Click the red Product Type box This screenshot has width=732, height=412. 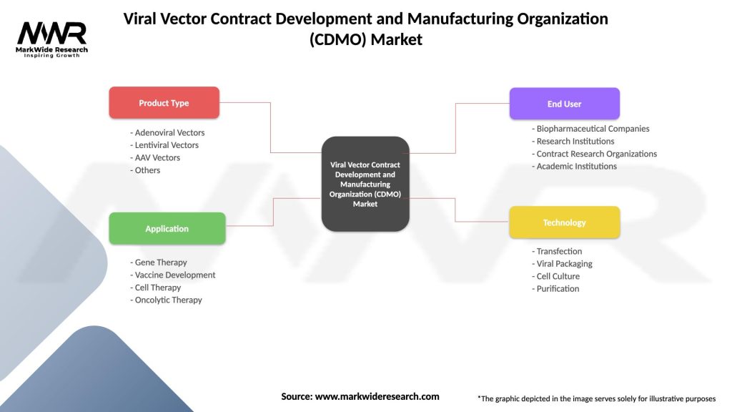[x=164, y=103]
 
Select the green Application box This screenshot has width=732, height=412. [x=167, y=229]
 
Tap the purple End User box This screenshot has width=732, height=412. [x=564, y=104]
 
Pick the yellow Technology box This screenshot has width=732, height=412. [x=564, y=222]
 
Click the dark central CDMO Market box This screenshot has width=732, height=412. [x=365, y=184]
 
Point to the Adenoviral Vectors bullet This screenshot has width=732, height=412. [x=168, y=132]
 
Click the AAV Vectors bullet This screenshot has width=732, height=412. [x=156, y=157]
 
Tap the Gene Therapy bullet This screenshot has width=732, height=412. [x=161, y=263]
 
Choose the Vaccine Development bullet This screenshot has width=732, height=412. [x=173, y=275]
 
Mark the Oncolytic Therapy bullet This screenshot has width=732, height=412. [x=167, y=300]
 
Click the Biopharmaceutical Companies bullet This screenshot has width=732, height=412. [x=592, y=129]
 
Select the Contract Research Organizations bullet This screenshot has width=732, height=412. [x=595, y=154]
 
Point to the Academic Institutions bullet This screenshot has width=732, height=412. [x=575, y=166]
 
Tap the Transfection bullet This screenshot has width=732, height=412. [x=558, y=251]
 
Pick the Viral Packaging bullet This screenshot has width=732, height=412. [x=563, y=263]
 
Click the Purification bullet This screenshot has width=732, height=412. [x=557, y=288]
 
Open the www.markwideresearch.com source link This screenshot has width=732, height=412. [x=377, y=396]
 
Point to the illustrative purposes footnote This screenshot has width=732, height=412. [x=596, y=398]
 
